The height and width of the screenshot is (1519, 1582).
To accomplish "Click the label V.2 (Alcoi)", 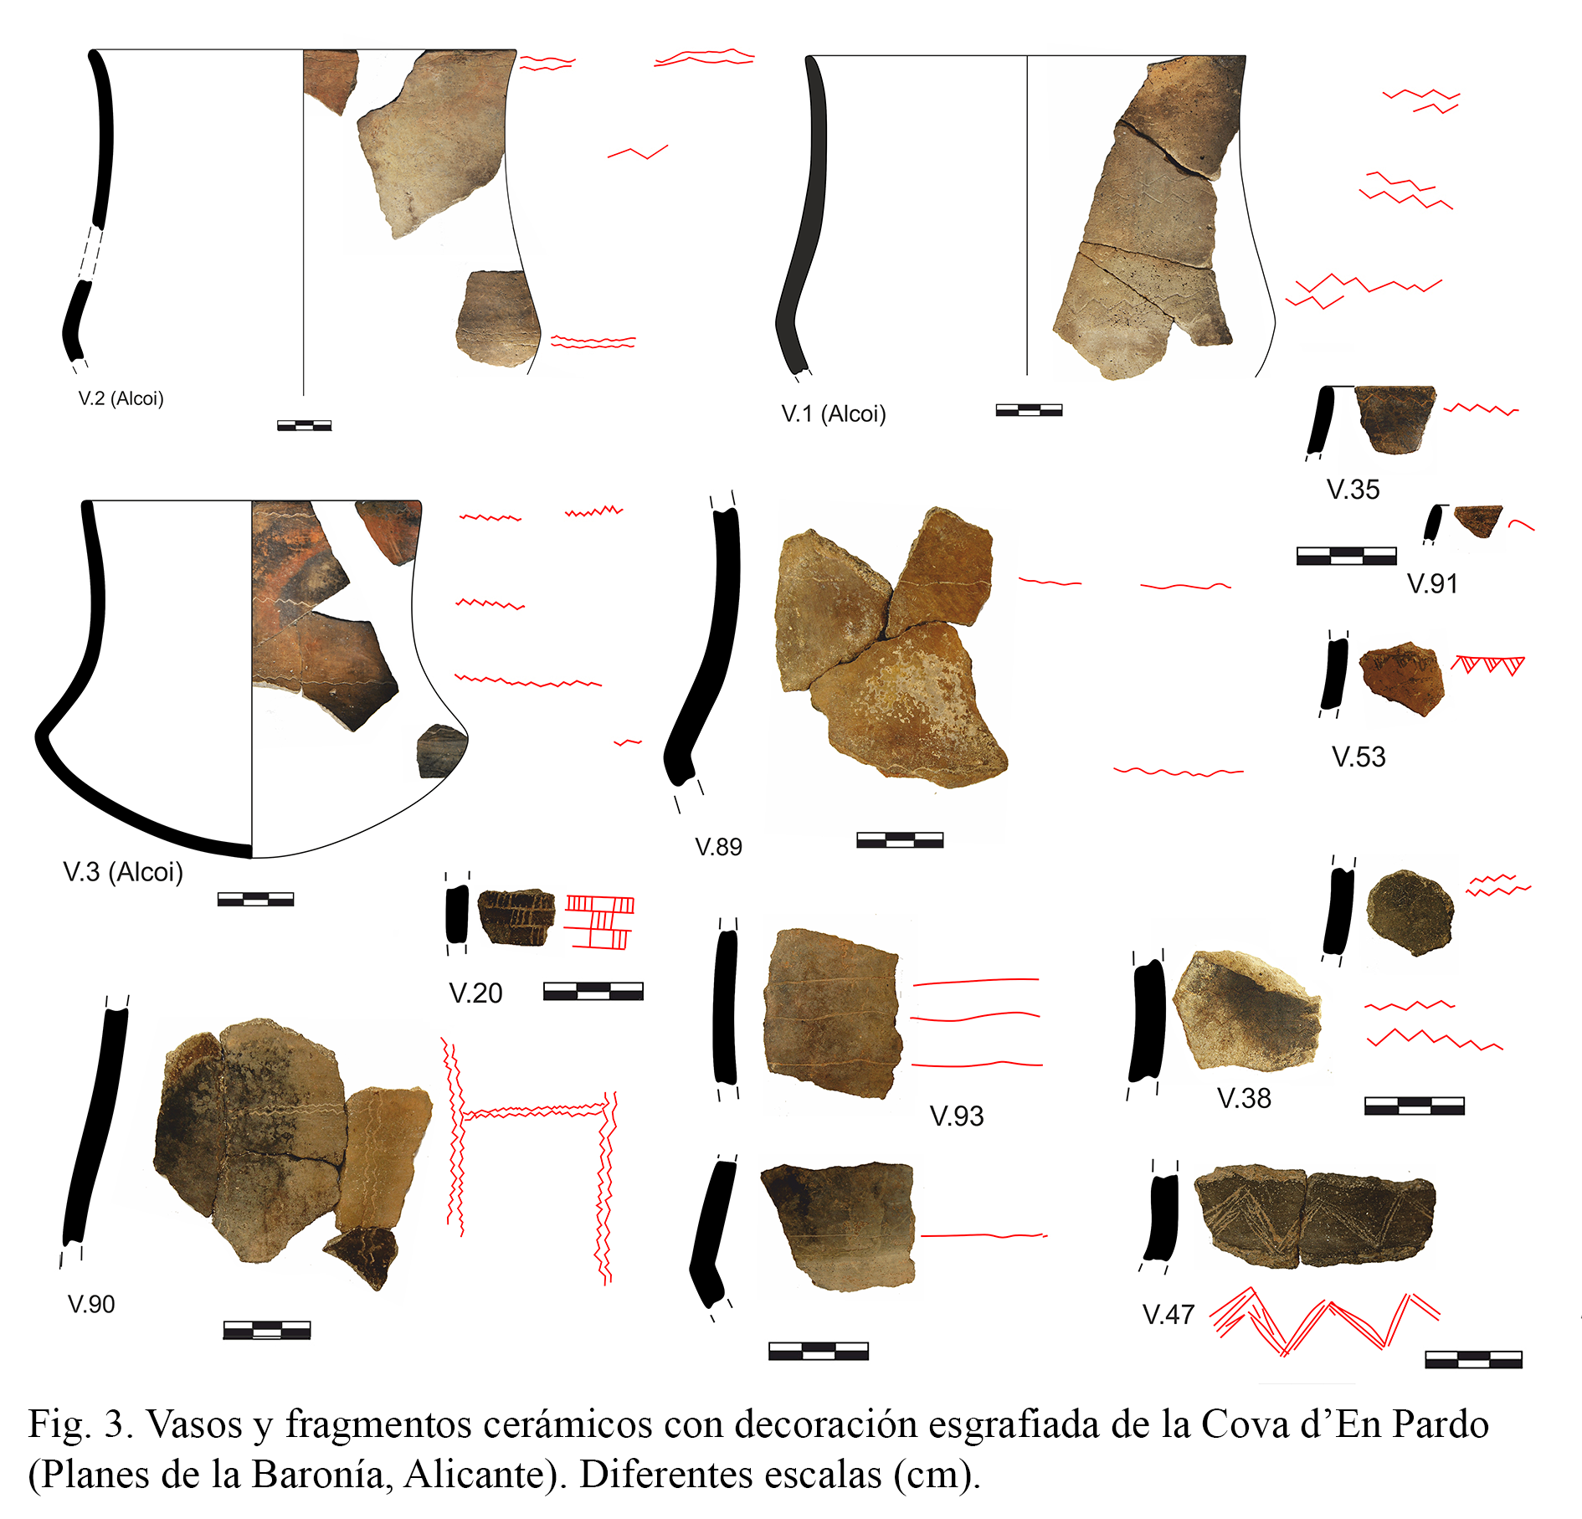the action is coord(121,398).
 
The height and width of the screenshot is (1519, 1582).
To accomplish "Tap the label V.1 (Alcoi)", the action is coord(834,413).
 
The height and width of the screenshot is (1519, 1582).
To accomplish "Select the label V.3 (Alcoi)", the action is coord(123,872).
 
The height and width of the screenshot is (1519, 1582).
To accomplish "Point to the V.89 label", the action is coord(719,847).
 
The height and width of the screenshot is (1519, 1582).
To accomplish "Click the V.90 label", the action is coord(91,1304).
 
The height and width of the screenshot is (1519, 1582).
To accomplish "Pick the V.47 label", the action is coord(1169,1315).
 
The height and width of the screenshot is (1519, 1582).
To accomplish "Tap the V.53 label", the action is coord(1359,757).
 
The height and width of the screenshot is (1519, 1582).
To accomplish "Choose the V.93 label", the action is coord(957,1116).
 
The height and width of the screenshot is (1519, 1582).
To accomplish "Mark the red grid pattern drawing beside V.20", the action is coord(599,922).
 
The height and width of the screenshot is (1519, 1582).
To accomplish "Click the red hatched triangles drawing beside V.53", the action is coord(1487,665).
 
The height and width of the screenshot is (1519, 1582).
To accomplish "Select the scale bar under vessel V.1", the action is coord(1029,410).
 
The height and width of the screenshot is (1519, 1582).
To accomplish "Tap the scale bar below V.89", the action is coord(900,840).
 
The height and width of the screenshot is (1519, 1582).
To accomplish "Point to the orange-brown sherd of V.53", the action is coord(1402,678).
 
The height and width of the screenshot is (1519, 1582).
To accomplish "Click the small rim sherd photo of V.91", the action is coord(1478,521).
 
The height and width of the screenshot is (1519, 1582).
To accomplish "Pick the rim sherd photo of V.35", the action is coord(1395,419).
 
